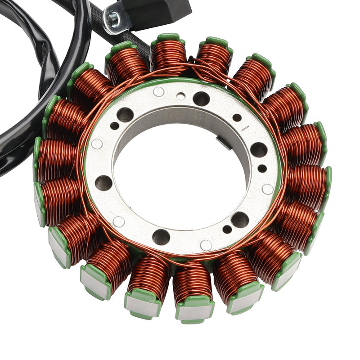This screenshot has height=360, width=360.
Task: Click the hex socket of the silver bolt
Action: click(x=113, y=18)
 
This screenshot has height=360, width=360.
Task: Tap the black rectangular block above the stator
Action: click(x=162, y=11)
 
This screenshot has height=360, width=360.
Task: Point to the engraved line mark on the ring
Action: click(x=245, y=128)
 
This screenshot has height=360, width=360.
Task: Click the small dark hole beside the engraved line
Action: click(x=237, y=118)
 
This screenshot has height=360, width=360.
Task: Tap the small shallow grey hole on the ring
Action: click(x=180, y=96)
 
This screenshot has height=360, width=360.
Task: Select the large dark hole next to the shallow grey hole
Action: click(x=201, y=99)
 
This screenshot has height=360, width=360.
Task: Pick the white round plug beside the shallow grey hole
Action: click(x=158, y=92)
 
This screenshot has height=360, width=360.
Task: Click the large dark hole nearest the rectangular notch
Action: click(x=258, y=149)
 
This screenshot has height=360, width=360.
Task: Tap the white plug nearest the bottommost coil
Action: click(x=206, y=245)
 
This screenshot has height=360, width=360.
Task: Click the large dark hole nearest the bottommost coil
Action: click(x=161, y=237)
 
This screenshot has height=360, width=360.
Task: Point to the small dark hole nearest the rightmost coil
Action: click(x=262, y=168)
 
